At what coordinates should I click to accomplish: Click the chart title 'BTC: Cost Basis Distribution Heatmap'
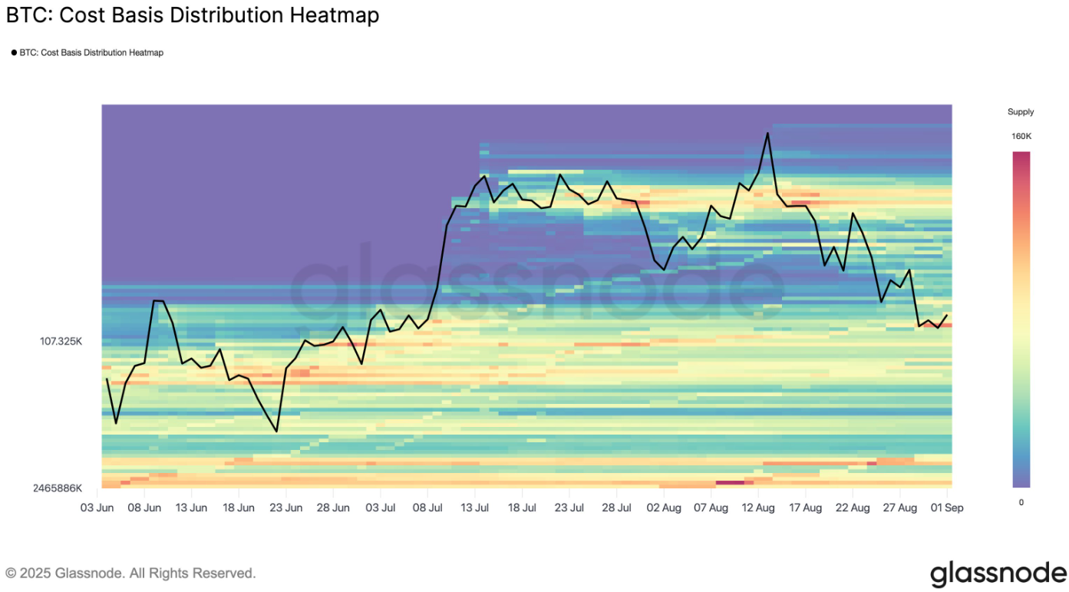[193, 15]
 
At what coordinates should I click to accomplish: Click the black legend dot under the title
[14, 53]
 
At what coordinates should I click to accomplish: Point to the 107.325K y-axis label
[61, 341]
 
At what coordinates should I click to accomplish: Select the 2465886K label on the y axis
[57, 488]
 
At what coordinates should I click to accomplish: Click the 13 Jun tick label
[191, 508]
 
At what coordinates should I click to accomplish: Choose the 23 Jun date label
[286, 508]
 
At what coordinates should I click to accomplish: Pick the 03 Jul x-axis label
[381, 508]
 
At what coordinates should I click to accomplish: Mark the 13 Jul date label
[475, 508]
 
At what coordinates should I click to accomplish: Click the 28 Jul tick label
[617, 508]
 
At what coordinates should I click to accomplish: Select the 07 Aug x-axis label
[711, 508]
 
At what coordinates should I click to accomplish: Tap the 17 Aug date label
[805, 508]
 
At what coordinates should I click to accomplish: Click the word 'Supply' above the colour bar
[1021, 112]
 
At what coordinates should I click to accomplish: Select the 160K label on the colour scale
[1021, 136]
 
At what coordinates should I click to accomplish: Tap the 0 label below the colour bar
[1021, 502]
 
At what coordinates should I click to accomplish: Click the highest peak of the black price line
[767, 134]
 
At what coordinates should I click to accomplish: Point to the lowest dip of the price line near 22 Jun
[276, 432]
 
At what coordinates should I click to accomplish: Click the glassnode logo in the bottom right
[998, 573]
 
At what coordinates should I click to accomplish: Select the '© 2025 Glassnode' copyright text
[130, 573]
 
